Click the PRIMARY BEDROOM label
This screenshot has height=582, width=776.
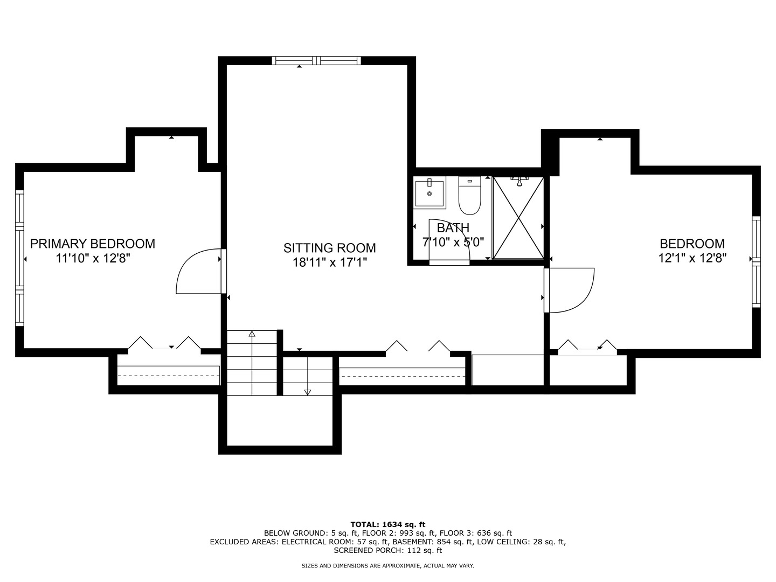(93, 244)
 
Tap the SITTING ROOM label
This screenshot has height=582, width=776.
(329, 248)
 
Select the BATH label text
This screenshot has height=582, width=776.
(453, 228)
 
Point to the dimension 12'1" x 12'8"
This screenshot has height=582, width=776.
(692, 258)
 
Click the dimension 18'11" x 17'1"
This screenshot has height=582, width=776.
(329, 262)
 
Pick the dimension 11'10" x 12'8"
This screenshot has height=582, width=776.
(93, 258)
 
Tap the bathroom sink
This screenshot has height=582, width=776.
(429, 193)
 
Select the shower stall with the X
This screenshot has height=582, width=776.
(518, 218)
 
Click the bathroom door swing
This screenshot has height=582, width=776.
(449, 241)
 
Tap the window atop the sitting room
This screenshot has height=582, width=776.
(316, 60)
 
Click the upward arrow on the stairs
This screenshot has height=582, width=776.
(252, 334)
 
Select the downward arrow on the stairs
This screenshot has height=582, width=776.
(308, 391)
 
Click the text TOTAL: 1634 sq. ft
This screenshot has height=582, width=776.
(387, 524)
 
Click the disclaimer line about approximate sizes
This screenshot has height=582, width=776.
(387, 566)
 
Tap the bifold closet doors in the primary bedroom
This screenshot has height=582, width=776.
(164, 344)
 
